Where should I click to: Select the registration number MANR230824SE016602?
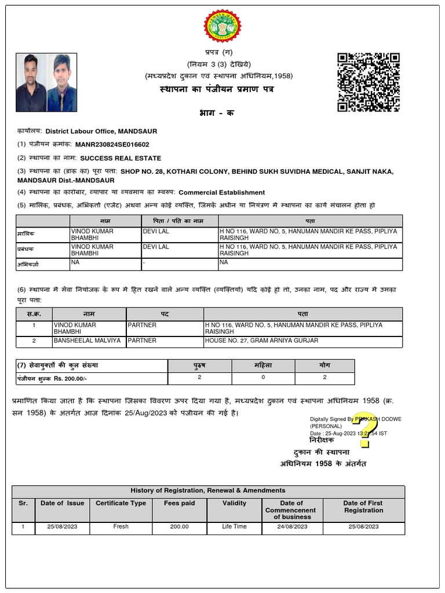coord(112,145)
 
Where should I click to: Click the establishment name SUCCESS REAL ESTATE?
coord(121,158)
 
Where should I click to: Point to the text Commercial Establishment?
coord(221,192)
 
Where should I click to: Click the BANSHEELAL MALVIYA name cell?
coord(87,341)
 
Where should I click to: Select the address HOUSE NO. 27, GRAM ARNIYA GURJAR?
coord(261,341)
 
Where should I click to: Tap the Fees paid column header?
coord(179,503)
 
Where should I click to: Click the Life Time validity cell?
coord(234,526)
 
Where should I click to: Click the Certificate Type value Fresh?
coord(121,526)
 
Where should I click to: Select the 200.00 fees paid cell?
coord(179,526)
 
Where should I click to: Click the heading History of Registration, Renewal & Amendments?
coord(208,490)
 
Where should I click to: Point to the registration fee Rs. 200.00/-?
coord(77,378)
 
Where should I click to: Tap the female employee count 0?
coord(263,378)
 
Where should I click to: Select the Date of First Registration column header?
coord(363,507)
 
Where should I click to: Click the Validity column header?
coord(234,503)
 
